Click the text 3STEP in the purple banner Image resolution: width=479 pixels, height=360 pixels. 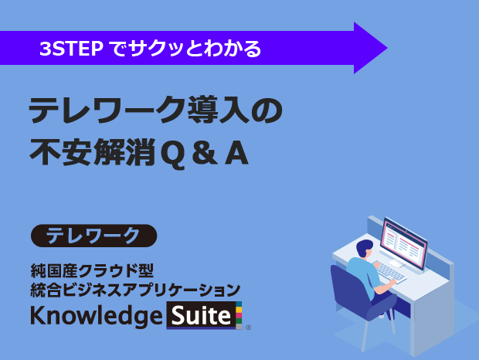(x=71, y=49)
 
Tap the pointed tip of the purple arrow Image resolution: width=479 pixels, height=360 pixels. (x=387, y=48)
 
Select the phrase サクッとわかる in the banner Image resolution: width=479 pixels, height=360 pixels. (x=195, y=49)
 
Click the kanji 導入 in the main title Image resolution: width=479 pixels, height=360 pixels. (x=218, y=110)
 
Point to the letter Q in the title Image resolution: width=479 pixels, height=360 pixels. (x=172, y=155)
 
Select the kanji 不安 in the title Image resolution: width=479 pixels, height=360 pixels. (x=60, y=152)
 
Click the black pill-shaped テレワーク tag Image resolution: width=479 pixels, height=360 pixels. (x=93, y=236)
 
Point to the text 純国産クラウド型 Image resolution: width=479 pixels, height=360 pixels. (x=92, y=270)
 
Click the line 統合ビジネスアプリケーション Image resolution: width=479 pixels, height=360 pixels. (x=135, y=290)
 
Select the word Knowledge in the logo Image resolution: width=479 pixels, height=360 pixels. (x=97, y=316)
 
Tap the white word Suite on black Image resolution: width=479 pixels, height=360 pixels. (x=201, y=316)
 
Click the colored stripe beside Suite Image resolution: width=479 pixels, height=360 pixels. (x=239, y=315)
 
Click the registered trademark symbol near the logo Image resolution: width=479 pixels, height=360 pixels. (x=248, y=328)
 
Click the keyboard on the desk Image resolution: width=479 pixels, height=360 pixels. (x=389, y=271)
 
